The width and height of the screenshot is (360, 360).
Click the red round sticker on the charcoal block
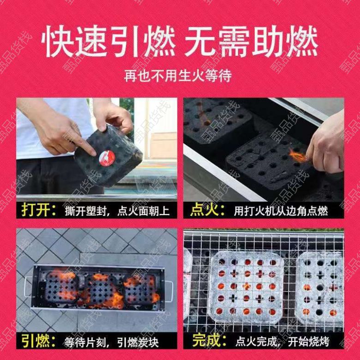click(x=107, y=158)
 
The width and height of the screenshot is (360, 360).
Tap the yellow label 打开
click(x=38, y=210)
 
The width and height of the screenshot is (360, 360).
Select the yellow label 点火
click(x=207, y=210)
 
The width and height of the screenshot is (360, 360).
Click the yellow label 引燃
click(x=38, y=341)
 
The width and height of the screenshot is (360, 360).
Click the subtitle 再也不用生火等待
click(x=178, y=75)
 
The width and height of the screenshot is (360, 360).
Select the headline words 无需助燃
click(x=251, y=42)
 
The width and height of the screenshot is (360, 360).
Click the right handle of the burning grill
click(x=169, y=291)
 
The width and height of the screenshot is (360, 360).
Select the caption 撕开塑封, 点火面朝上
click(x=117, y=211)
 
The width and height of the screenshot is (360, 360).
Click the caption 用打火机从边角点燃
click(x=281, y=211)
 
